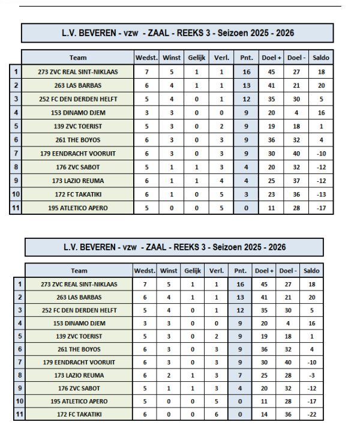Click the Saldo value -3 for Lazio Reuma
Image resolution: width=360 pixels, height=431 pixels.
pos(312,375)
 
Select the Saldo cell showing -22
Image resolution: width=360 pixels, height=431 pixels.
pos(312,414)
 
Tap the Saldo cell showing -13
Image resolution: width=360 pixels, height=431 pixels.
pos(320,194)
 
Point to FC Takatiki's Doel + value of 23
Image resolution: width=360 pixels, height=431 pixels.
pos(271,194)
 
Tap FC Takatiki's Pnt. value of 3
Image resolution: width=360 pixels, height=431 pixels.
pos(246,194)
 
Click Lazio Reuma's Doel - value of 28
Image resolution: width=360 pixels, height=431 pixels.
pos(288,375)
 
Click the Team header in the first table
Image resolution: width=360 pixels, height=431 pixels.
pos(77,58)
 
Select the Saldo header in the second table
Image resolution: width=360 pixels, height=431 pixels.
pos(312,271)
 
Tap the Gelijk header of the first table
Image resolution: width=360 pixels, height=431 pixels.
pos(196,58)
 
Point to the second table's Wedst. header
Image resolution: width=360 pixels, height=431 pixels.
pos(145,271)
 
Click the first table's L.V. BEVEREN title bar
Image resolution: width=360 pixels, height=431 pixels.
pos(177,33)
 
